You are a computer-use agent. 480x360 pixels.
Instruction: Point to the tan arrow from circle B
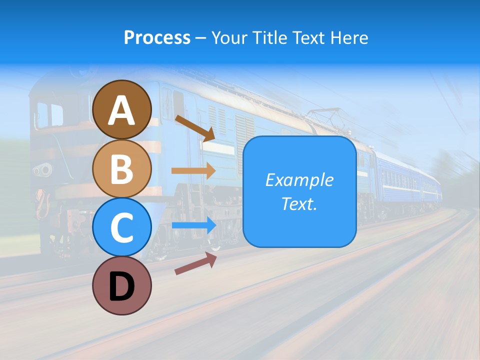click(x=193, y=170)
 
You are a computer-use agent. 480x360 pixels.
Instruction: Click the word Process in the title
click(x=157, y=38)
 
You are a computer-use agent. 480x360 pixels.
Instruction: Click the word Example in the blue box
click(x=299, y=180)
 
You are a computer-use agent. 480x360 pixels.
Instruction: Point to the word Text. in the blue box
click(x=299, y=204)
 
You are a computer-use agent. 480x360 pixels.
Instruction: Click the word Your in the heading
click(x=229, y=38)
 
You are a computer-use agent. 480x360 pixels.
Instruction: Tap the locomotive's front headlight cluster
click(x=43, y=169)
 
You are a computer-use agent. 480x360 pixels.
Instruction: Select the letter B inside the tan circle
click(x=121, y=168)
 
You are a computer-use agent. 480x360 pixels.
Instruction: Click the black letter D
click(x=121, y=287)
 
